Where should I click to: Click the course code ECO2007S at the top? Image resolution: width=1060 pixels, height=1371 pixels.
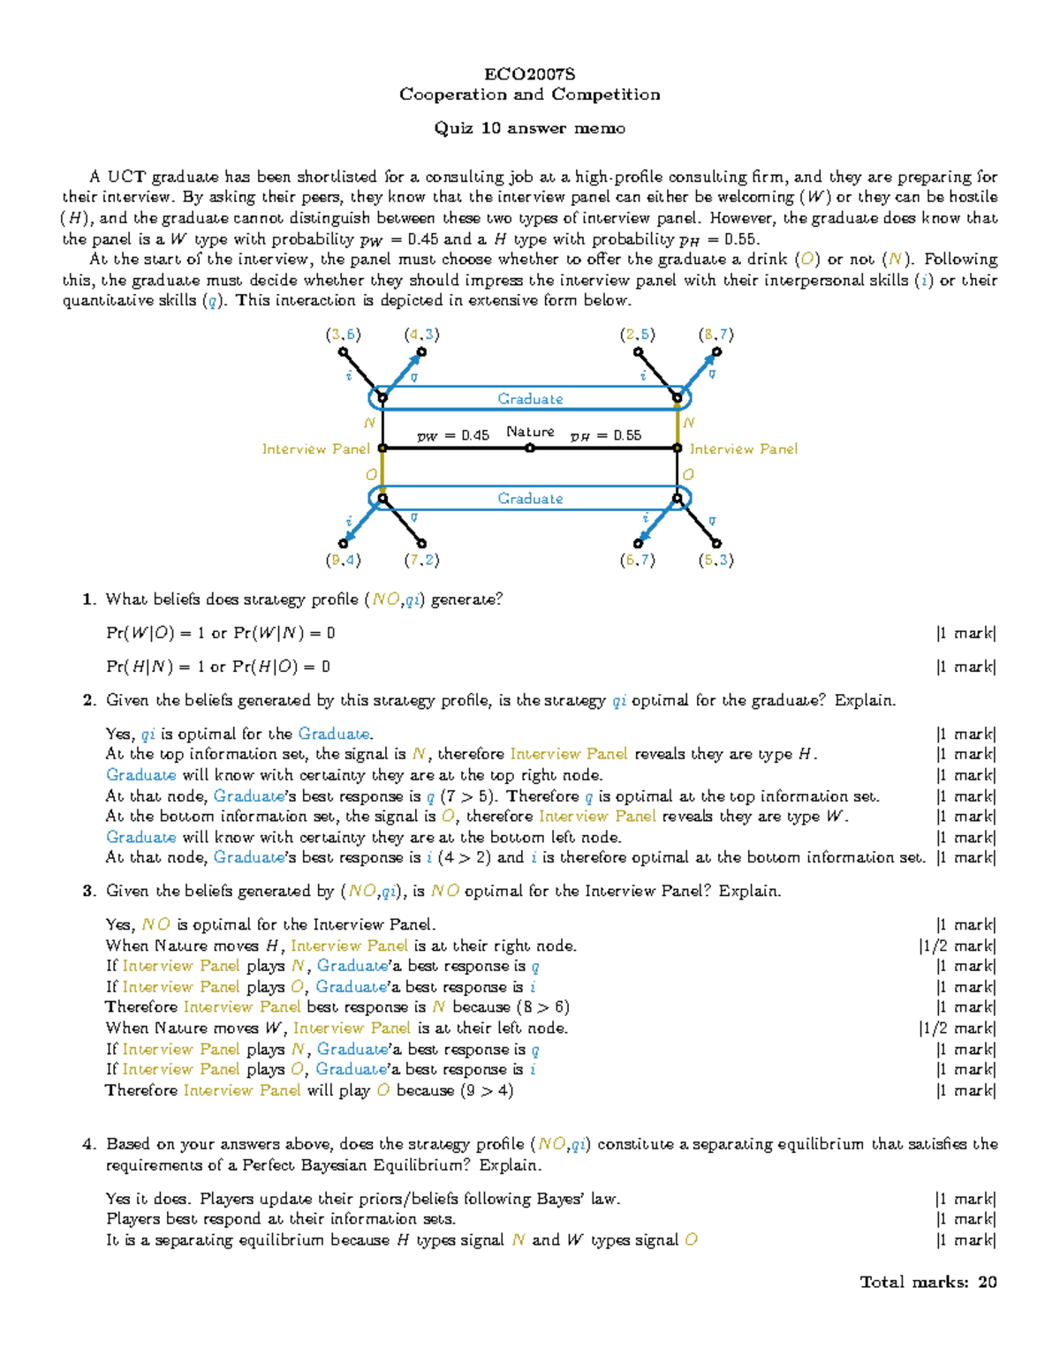coord(529,74)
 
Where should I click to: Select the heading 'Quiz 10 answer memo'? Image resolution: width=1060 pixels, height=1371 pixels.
coord(529,128)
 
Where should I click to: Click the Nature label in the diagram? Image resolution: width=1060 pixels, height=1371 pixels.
coord(530,432)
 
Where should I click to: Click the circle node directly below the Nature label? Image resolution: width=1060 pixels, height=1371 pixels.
coord(530,448)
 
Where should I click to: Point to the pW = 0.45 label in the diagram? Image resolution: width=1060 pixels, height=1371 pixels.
coord(452,435)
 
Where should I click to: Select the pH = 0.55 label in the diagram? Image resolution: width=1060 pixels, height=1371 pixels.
coord(606,435)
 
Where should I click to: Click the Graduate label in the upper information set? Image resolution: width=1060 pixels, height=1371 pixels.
coord(530,399)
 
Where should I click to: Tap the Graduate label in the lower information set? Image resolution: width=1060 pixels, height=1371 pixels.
coord(530,499)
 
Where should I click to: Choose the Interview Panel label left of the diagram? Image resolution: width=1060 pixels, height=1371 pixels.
coord(315,449)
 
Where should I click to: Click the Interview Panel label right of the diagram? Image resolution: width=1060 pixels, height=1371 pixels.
coord(743,449)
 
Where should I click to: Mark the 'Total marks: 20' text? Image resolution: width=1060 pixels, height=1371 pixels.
coord(928,1282)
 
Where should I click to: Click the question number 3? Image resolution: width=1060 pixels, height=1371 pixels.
coord(87,891)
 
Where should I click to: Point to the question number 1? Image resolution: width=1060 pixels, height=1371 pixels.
coord(87,599)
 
